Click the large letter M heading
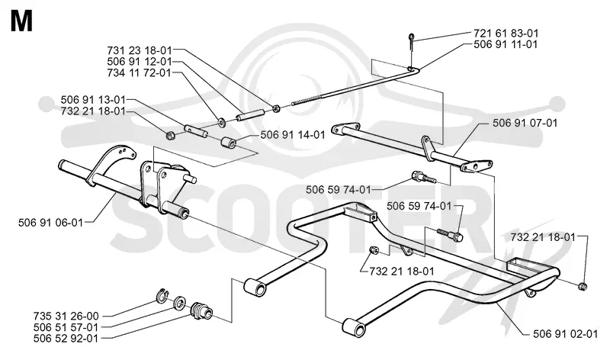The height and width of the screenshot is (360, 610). [x=22, y=21]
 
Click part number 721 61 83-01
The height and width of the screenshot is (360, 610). [x=506, y=33]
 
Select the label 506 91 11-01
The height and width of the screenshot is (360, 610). [x=506, y=44]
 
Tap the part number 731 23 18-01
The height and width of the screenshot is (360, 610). [x=140, y=50]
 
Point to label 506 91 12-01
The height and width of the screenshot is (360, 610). [x=140, y=62]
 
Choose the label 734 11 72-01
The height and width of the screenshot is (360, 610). [x=140, y=72]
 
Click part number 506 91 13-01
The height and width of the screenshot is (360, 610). [x=93, y=100]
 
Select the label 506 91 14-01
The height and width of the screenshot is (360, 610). [x=293, y=135]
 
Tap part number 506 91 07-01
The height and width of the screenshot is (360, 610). [x=525, y=123]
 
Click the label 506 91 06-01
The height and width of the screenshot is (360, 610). [x=50, y=223]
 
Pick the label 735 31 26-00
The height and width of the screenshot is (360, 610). [x=66, y=316]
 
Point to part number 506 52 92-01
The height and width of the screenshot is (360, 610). [x=66, y=338]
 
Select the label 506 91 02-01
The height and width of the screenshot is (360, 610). [x=565, y=334]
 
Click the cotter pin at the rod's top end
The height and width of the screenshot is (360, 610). [x=411, y=42]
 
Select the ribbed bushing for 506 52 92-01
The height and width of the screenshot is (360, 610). [x=201, y=310]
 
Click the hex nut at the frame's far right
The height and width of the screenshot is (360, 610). [x=583, y=287]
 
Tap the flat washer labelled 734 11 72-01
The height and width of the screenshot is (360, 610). [x=222, y=122]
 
